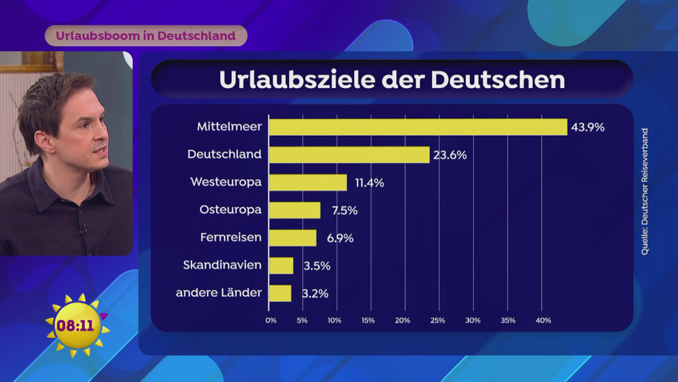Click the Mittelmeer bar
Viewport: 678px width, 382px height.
click(418, 127)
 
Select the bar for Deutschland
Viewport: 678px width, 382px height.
click(349, 155)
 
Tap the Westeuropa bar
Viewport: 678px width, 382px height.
click(307, 183)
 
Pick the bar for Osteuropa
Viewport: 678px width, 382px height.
click(294, 210)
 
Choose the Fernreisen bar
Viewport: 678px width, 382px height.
click(292, 238)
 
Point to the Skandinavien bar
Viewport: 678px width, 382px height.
click(281, 266)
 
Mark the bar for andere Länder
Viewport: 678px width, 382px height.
click(280, 293)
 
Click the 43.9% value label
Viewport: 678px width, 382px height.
click(587, 127)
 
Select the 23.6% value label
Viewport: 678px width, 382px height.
click(450, 155)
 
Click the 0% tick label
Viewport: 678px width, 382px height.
click(271, 320)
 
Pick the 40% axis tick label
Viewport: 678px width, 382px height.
click(542, 320)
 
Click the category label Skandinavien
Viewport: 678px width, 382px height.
click(222, 266)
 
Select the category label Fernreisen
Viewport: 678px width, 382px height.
click(230, 238)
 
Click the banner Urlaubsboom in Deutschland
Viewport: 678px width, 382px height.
click(146, 35)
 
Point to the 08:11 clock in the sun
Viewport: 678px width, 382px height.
click(75, 326)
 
